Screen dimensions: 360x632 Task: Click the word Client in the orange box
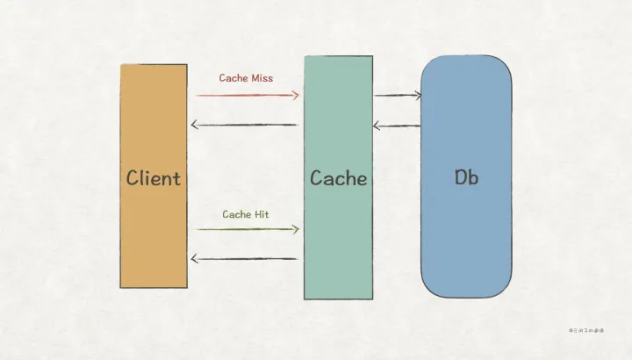[154, 178]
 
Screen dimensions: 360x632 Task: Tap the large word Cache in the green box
[338, 178]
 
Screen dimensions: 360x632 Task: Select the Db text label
[466, 176]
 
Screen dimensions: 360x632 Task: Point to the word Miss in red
[262, 78]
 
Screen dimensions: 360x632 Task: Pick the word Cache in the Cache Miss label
[233, 78]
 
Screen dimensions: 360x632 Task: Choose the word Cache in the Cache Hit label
[237, 214]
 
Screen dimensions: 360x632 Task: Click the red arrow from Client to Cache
[245, 95]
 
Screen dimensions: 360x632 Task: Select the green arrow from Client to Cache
[245, 229]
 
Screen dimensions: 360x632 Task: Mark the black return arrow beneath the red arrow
[245, 125]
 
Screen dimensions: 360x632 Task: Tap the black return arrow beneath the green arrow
[245, 259]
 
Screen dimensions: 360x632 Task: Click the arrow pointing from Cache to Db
[397, 95]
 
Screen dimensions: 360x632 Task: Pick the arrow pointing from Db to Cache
[397, 126]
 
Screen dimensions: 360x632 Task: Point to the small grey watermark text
[587, 330]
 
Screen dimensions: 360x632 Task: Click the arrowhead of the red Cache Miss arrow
[296, 95]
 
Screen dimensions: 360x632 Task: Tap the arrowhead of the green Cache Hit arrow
[296, 229]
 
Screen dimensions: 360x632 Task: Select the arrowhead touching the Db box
[416, 95]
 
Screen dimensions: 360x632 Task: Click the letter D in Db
[460, 176]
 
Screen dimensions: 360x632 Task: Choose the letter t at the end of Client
[176, 178]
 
